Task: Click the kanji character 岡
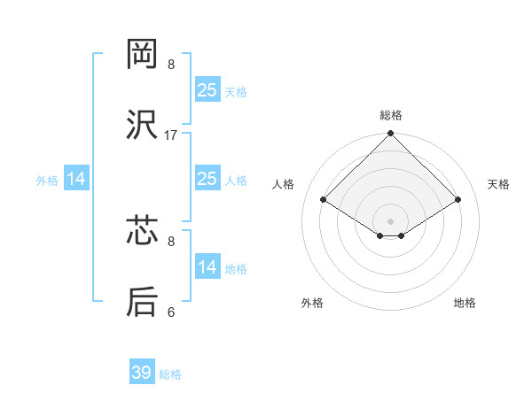tap(143, 55)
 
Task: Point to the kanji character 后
tap(143, 302)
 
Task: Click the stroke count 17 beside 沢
tap(171, 135)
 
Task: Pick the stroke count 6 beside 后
tap(171, 312)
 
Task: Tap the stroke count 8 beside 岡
tap(171, 65)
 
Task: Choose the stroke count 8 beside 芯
tap(171, 240)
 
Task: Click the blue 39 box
tap(142, 373)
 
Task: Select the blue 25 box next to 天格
tap(207, 90)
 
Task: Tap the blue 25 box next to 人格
tap(207, 179)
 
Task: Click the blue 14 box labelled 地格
tap(207, 267)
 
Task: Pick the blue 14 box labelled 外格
tap(76, 179)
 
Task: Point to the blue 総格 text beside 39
tap(170, 374)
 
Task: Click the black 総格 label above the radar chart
tap(391, 115)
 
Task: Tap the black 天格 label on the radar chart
tap(498, 184)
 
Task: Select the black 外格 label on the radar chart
tap(312, 303)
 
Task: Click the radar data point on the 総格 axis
tap(391, 135)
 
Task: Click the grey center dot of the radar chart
tap(391, 220)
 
